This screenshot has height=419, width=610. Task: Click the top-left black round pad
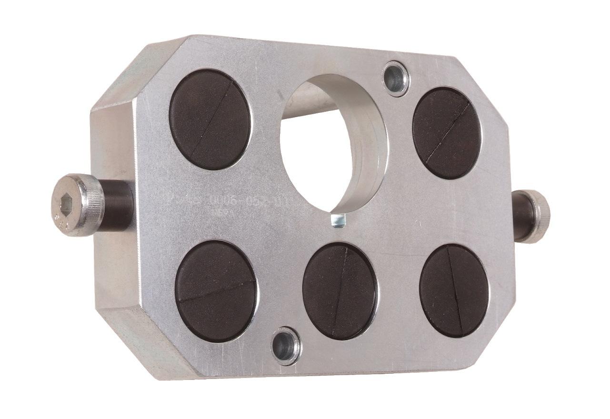(x=211, y=119)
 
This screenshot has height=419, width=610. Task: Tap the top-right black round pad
(x=447, y=133)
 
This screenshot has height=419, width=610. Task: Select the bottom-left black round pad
(x=217, y=290)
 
